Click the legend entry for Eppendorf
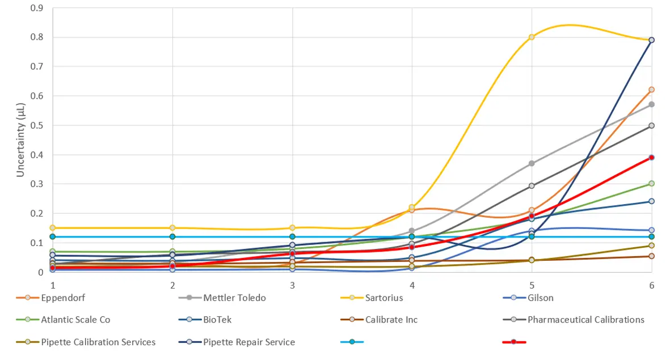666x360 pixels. pyautogui.click(x=63, y=298)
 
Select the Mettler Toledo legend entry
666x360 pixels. pyautogui.click(x=234, y=298)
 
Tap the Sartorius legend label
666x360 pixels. pyautogui.click(x=386, y=298)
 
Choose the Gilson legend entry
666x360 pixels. pyautogui.click(x=539, y=298)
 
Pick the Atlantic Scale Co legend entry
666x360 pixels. pyautogui.click(x=75, y=320)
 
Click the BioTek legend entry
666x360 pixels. pyautogui.click(x=217, y=320)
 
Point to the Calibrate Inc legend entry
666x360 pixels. pyautogui.click(x=391, y=320)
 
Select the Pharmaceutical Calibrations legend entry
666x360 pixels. pyautogui.click(x=585, y=320)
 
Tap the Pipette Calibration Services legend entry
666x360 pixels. pyautogui.click(x=98, y=342)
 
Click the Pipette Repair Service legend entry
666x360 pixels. pyautogui.click(x=249, y=342)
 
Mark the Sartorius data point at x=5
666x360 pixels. pyautogui.click(x=532, y=37)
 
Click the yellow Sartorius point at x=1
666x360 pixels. pyautogui.click(x=53, y=228)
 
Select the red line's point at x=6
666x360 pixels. pyautogui.click(x=651, y=158)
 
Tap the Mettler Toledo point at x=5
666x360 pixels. pyautogui.click(x=532, y=163)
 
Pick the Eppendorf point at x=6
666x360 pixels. pyautogui.click(x=651, y=90)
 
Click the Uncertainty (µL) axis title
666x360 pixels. pyautogui.click(x=21, y=140)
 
